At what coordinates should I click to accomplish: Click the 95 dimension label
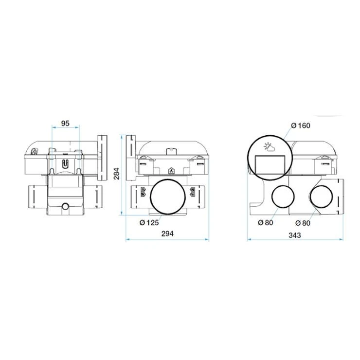pyautogui.click(x=65, y=124)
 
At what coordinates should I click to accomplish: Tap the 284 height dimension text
pyautogui.click(x=117, y=174)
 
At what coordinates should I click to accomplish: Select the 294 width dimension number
pyautogui.click(x=167, y=234)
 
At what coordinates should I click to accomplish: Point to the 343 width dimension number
pyautogui.click(x=294, y=235)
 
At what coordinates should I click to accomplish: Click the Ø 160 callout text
pyautogui.click(x=301, y=126)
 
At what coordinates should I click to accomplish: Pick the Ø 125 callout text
pyautogui.click(x=149, y=222)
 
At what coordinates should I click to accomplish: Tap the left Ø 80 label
pyautogui.click(x=266, y=222)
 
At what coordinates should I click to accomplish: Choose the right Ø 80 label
pyautogui.click(x=303, y=223)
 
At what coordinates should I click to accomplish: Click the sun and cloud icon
pyautogui.click(x=269, y=147)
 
